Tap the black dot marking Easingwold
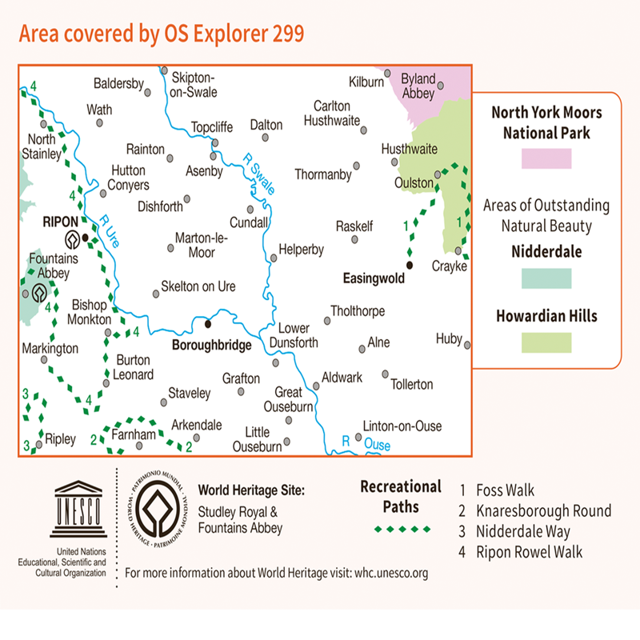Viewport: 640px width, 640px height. click(409, 265)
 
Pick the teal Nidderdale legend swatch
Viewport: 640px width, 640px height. click(546, 278)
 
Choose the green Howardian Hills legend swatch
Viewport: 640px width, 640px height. click(546, 342)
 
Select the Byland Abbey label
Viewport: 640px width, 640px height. click(418, 86)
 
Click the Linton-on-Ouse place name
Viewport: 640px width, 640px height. click(402, 426)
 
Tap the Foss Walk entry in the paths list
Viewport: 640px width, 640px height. click(505, 491)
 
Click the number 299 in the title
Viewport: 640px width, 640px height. click(283, 34)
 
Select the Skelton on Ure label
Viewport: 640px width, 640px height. click(198, 286)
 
